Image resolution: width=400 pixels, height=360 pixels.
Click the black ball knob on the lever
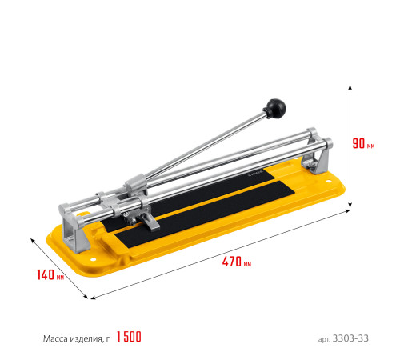[276, 108]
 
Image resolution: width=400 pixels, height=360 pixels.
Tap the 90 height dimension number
[358, 143]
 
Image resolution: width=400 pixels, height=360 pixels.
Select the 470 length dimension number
[232, 262]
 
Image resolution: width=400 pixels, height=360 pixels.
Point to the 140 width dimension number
[46, 274]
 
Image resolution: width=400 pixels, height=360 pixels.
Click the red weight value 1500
[129, 337]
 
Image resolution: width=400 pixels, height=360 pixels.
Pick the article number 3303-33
[350, 338]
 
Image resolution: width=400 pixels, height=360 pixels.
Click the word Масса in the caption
[55, 338]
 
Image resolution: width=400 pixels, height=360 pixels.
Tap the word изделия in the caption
[86, 339]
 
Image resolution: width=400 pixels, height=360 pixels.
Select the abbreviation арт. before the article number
[324, 339]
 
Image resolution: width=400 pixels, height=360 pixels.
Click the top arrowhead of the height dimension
[350, 87]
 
